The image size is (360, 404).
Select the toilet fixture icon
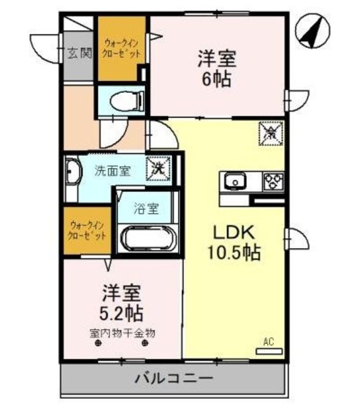(x=121, y=99)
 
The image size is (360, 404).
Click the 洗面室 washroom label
(x=112, y=170)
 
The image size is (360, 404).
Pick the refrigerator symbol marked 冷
(x=271, y=133)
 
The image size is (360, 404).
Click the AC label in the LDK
(x=268, y=343)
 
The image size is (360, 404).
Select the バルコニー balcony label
(x=174, y=379)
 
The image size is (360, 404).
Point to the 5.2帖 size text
(x=123, y=312)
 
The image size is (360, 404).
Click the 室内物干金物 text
(x=123, y=332)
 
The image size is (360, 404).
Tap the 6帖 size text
(x=217, y=80)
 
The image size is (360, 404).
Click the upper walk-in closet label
(x=122, y=49)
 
